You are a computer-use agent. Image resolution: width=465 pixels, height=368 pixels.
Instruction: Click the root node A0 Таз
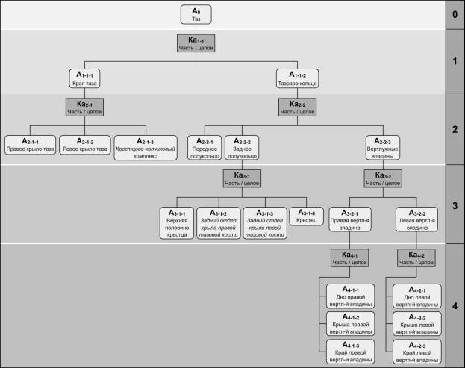pos(196,13)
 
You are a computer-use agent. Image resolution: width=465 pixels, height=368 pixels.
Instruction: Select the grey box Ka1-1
pos(196,44)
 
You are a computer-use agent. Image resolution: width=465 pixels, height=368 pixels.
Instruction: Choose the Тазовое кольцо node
pos(297,78)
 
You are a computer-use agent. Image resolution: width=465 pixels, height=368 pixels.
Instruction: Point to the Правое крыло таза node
pos(30,143)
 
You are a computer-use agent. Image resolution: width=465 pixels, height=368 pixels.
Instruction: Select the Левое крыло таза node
pos(84,143)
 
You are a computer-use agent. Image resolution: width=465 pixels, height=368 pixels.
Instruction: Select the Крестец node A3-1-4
pos(306,216)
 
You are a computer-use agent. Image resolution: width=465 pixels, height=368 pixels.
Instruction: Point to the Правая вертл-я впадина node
pos(350,219)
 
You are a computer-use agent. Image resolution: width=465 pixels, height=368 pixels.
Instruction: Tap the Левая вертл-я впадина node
pos(416,219)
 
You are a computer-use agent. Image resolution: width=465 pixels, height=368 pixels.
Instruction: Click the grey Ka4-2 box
pos(416,258)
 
